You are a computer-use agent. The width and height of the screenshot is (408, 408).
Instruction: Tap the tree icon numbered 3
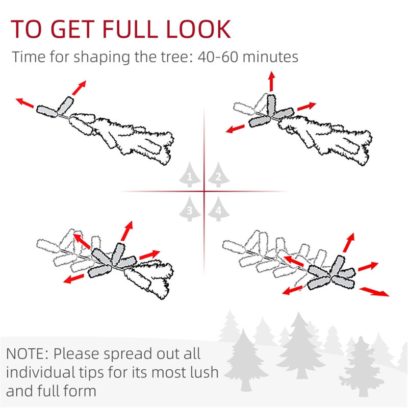pos(190,208)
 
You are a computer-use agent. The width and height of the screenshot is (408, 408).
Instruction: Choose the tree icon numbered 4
pos(218,208)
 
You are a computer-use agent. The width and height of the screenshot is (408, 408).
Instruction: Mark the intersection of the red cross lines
pos(204,192)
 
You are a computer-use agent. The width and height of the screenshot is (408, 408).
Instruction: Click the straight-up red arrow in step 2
pos(271,82)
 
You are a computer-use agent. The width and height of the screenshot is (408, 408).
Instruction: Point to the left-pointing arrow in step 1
pos(24,102)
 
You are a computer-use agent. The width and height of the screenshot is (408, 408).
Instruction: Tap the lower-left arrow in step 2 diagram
pos(237,127)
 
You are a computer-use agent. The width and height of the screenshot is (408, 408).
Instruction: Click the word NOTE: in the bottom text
pos(28,353)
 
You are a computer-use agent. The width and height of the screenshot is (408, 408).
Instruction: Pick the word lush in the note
pos(201,372)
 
